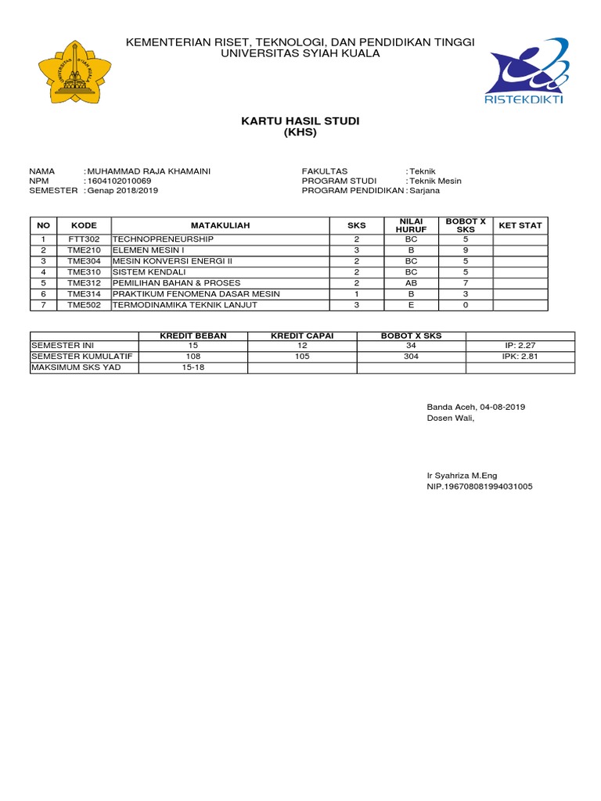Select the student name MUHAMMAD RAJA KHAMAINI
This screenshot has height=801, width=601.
[x=149, y=171]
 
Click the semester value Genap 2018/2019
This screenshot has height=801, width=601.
[x=123, y=190]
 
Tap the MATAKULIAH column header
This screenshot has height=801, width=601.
[x=219, y=225]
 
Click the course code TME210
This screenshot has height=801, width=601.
[x=84, y=250]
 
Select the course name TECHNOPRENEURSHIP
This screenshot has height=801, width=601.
[x=163, y=239]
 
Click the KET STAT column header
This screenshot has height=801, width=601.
[x=520, y=225]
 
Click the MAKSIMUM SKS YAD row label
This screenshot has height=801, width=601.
[x=76, y=367]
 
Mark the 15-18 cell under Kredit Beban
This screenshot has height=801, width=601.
[x=193, y=367]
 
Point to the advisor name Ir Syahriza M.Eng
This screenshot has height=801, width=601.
[x=462, y=475]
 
